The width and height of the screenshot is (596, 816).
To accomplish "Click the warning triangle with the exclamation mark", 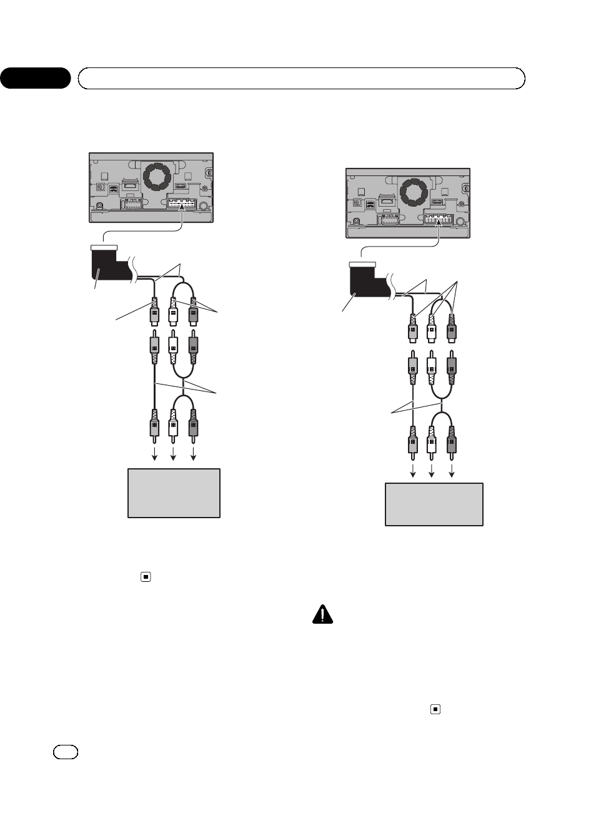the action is point(322,614).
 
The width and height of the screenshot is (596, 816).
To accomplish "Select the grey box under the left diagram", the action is point(174,493).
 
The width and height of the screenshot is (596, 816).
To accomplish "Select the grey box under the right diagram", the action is point(434,504).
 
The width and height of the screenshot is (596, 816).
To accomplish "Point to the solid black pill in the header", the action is point(35,78).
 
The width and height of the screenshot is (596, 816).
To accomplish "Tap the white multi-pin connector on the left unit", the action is point(182,204).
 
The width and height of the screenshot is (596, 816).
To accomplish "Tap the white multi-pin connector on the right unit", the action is point(439,219).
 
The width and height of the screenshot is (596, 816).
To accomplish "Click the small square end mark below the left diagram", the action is point(145,576).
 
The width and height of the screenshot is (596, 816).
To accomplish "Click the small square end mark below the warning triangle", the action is point(435,709).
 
